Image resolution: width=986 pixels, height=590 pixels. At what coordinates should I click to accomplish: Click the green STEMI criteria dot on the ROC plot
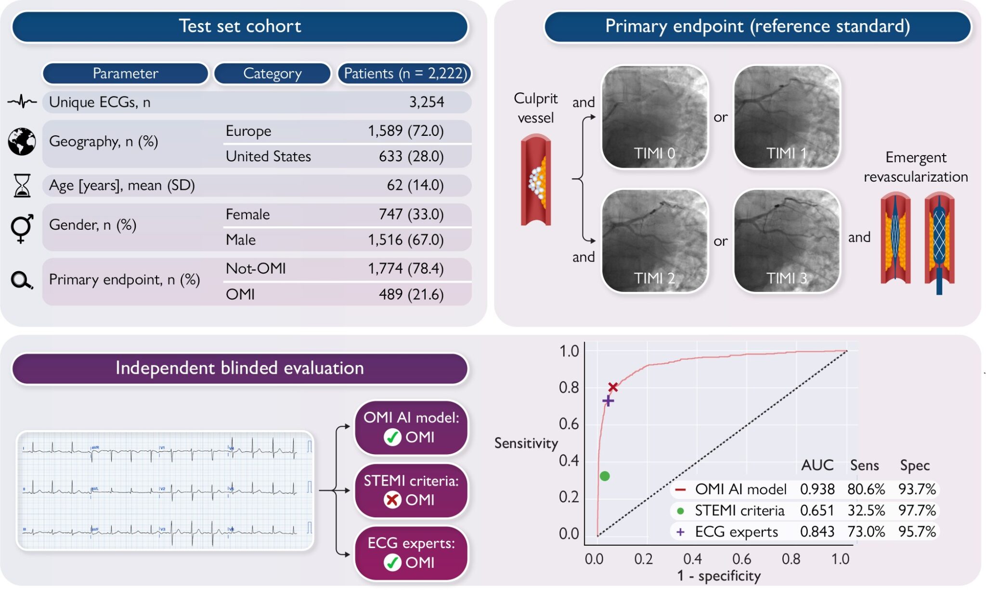[605, 476]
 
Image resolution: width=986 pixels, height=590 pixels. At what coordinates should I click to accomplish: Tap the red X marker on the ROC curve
[612, 387]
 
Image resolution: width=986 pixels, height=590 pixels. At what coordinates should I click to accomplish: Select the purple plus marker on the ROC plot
[608, 401]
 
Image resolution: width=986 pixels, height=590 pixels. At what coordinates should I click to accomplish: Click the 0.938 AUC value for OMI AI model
[817, 489]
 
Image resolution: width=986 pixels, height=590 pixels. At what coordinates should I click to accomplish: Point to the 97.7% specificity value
[917, 511]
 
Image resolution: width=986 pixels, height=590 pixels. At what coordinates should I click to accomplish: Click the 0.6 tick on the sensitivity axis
[569, 424]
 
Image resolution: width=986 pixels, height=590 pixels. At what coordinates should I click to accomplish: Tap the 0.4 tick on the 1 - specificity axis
[692, 559]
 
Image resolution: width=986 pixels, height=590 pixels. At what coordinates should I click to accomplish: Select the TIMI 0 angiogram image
[655, 117]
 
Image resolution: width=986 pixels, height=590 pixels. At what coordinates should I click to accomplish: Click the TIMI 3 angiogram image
[787, 241]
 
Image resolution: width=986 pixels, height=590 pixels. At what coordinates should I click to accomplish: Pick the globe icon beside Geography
[22, 142]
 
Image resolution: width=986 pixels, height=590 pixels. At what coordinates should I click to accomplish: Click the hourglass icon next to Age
[22, 185]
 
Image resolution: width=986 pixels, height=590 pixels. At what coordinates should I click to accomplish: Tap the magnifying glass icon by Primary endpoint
[21, 280]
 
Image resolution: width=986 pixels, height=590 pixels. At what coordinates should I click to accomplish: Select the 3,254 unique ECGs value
[426, 102]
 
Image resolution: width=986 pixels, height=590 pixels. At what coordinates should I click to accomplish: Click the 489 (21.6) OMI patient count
[411, 294]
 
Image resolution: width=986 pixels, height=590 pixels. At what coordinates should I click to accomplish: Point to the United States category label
[268, 157]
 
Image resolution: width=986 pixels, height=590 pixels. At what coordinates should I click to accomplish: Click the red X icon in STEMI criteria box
[392, 500]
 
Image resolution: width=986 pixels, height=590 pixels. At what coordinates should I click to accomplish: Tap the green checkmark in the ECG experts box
[392, 563]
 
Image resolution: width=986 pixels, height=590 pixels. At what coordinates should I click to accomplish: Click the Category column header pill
[272, 73]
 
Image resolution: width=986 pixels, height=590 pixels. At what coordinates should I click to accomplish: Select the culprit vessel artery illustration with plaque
[536, 181]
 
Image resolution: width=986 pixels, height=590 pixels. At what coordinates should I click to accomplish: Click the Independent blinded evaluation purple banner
[239, 368]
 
